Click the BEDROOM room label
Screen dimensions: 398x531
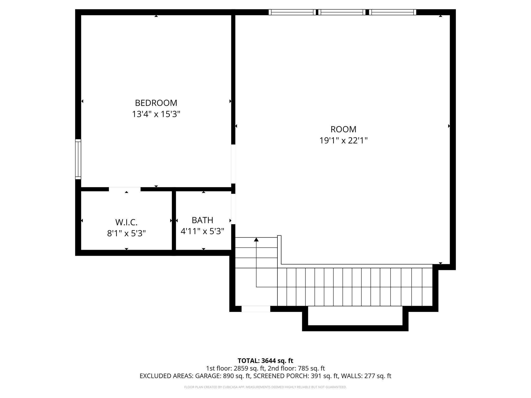(156, 103)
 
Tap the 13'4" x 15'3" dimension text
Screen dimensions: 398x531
(156, 114)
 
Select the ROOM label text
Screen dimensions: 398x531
(343, 129)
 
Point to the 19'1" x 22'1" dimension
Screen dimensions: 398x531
(343, 140)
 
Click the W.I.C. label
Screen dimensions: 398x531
(126, 222)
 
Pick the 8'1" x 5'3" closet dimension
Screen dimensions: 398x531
(126, 233)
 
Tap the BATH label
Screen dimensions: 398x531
(202, 220)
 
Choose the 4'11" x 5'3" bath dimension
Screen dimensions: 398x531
(202, 231)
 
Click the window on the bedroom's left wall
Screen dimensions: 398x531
(78, 159)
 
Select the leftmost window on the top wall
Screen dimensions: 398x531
(292, 12)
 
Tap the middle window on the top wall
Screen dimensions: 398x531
(342, 12)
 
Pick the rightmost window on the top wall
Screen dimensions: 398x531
(392, 12)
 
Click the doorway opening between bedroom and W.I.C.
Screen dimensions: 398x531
(125, 189)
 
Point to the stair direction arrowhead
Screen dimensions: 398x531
(256, 239)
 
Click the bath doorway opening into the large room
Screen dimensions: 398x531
(233, 209)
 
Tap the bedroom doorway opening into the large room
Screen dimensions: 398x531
(233, 164)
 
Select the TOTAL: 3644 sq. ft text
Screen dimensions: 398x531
(265, 361)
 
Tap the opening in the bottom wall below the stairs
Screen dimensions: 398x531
(256, 309)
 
